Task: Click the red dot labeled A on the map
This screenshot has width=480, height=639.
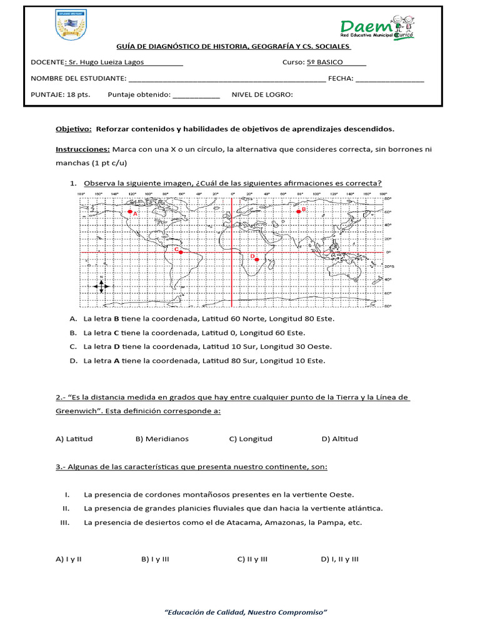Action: [x=130, y=212]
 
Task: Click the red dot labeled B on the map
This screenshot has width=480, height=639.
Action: [x=299, y=212]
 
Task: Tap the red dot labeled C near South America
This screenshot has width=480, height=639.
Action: [x=181, y=252]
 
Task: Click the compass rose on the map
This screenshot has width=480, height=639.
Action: [x=101, y=285]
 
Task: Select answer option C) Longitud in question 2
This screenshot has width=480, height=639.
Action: [x=251, y=439]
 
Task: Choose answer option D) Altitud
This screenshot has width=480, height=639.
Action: [x=339, y=439]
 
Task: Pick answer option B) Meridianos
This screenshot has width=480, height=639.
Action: [x=162, y=439]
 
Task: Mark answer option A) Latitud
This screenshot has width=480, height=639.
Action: [x=74, y=439]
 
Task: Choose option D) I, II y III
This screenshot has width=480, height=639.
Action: [x=340, y=559]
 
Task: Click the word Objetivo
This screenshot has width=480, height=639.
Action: [x=73, y=129]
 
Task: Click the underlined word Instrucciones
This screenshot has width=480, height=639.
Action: [x=82, y=149]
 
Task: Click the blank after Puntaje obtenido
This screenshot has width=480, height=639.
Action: [x=196, y=95]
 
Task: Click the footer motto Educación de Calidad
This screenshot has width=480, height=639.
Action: [x=246, y=612]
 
